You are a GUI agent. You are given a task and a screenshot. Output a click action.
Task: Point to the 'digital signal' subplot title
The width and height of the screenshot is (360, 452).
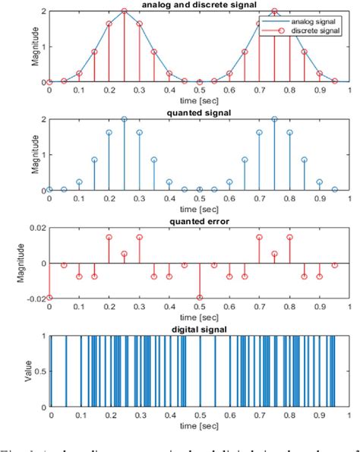pos(199,329)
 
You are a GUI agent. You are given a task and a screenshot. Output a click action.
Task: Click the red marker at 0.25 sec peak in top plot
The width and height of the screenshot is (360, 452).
pos(124,11)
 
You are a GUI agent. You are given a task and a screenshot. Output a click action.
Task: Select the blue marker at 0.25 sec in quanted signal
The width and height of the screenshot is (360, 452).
pos(124,119)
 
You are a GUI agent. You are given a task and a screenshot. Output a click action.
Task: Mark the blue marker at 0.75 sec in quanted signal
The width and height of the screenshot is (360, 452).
pos(274,119)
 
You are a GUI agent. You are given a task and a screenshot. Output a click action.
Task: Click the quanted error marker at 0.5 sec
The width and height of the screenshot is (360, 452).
pos(199,298)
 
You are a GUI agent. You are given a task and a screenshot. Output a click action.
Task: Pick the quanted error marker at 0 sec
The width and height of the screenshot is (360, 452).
pos(50,298)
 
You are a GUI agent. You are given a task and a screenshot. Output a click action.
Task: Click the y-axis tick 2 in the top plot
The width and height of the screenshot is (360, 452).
pos(44,11)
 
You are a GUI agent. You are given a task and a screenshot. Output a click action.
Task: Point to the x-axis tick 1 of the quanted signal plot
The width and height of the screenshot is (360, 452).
pos(349,200)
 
